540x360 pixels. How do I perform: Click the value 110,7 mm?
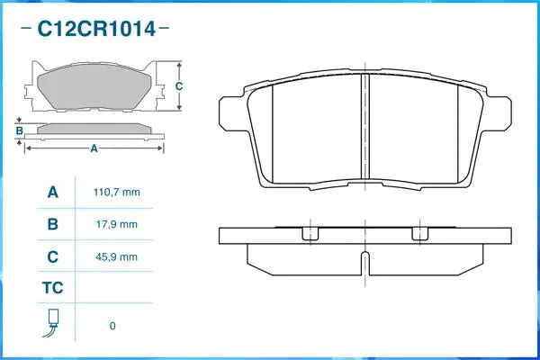(117, 193)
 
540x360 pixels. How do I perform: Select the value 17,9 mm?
(117, 224)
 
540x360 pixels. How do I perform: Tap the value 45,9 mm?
(117, 256)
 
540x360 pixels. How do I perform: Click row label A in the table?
(52, 193)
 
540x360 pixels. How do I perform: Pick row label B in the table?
(52, 224)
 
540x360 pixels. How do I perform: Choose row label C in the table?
(52, 256)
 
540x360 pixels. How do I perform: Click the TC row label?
(52, 290)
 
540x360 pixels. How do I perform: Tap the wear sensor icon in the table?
(52, 323)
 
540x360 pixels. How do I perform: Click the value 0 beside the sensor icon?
(112, 326)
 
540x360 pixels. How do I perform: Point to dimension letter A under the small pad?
(93, 148)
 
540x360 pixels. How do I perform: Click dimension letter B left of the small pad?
(19, 131)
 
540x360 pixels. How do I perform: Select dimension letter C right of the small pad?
(179, 86)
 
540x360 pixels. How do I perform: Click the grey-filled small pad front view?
(97, 88)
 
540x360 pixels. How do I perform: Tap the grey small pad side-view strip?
(94, 129)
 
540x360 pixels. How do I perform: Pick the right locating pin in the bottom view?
(418, 233)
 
